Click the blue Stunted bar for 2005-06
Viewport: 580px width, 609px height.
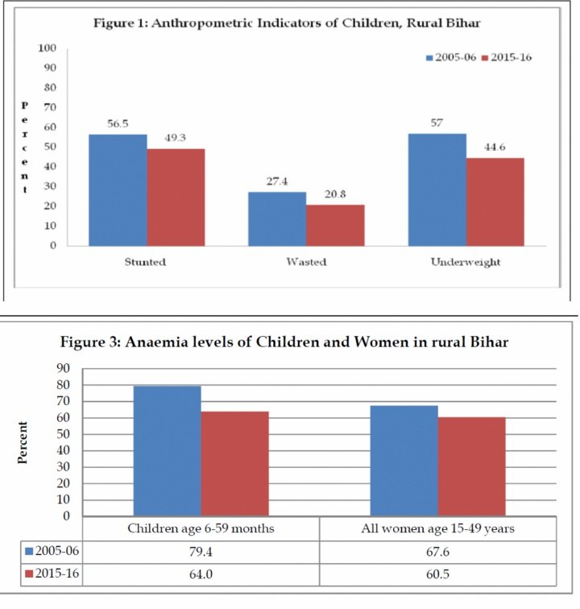118,189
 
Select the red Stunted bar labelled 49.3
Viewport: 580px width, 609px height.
176,197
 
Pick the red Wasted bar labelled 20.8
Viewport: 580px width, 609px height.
335,225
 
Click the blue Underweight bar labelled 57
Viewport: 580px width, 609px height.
437,189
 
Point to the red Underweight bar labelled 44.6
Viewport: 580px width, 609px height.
495,201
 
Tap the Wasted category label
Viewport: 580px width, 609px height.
306,263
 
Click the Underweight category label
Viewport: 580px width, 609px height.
466,263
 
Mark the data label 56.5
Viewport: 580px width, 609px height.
118,124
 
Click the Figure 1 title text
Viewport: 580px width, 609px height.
290,22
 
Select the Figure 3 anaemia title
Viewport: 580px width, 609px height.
284,342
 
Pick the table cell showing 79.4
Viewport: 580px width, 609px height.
201,552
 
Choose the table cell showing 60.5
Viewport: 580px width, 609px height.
438,574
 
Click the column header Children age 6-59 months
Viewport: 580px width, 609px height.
201,528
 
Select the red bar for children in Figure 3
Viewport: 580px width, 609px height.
234,463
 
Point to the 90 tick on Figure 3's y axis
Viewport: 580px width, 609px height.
64,368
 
